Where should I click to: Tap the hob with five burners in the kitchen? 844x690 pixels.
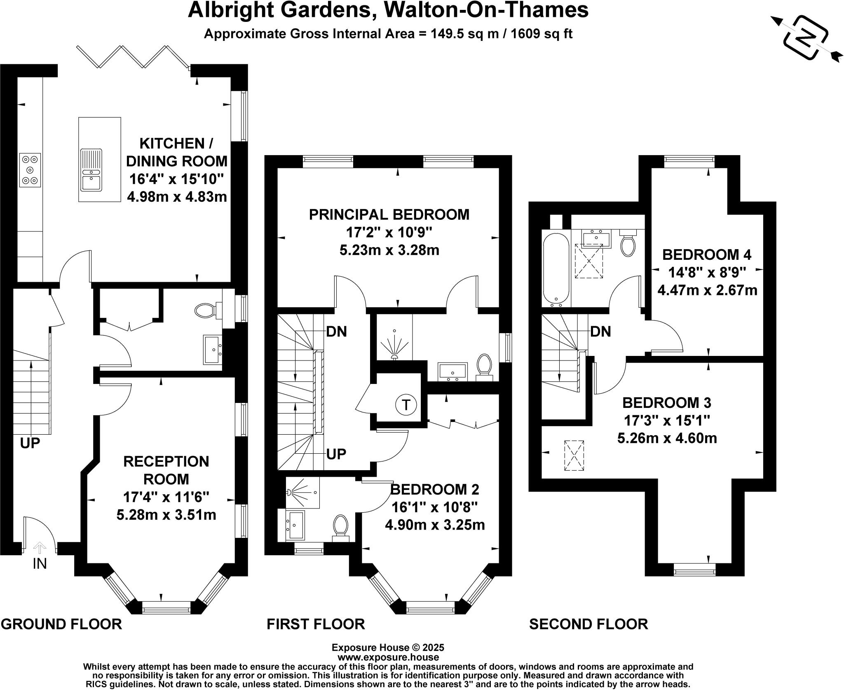30,170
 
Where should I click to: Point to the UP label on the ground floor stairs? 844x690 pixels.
30,443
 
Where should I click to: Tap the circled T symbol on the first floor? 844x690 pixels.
406,405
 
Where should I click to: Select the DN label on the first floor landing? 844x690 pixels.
337,331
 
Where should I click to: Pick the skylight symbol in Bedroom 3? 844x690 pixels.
574,455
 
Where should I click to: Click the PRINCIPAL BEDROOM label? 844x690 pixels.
389,214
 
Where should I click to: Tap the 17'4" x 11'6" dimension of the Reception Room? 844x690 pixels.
166,497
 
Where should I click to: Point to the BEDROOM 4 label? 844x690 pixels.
707,254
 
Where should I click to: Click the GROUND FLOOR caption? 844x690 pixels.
61,624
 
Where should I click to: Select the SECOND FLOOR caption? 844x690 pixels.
588,624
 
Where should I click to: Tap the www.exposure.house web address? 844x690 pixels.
388,657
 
